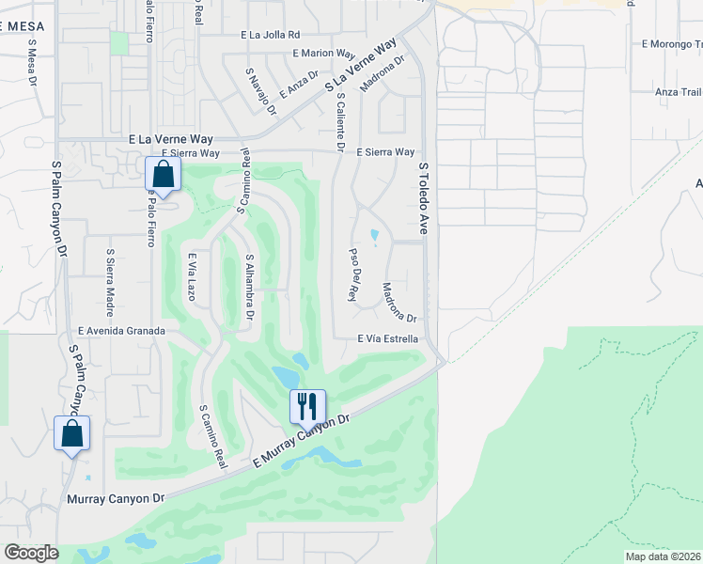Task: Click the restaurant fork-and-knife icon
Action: (x=307, y=406)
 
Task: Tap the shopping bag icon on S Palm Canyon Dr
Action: (x=72, y=433)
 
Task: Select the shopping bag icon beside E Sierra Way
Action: (x=164, y=174)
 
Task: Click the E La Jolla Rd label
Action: (x=270, y=35)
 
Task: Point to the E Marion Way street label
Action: (x=324, y=54)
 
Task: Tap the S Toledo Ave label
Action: (x=424, y=197)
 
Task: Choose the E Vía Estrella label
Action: (x=387, y=338)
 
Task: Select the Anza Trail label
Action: (x=679, y=92)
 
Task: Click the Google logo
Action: (x=31, y=553)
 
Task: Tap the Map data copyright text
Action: (x=663, y=556)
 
